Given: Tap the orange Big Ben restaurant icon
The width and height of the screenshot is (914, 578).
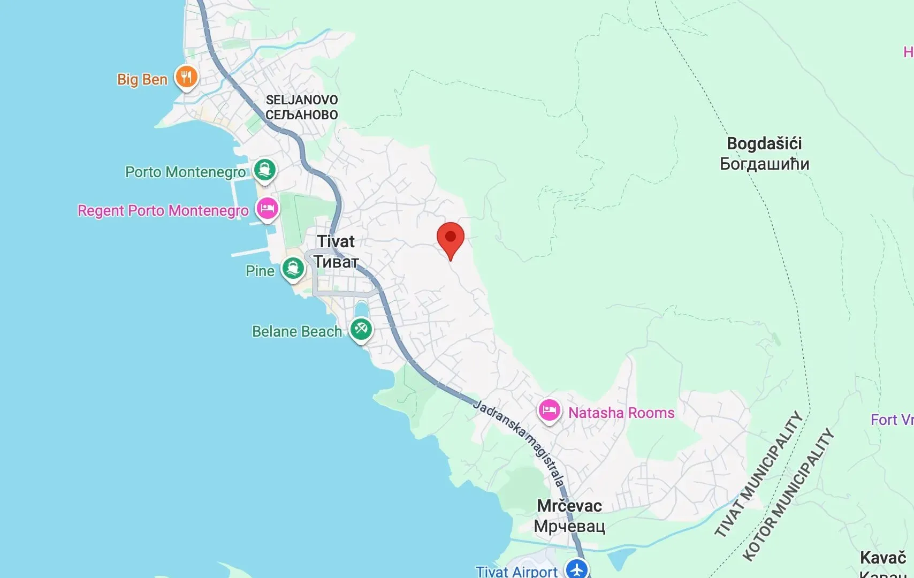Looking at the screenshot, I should click(x=186, y=78).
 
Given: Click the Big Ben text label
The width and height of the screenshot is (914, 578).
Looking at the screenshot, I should click(x=142, y=80).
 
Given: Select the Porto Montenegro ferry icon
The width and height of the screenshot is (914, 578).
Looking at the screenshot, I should click(x=264, y=170).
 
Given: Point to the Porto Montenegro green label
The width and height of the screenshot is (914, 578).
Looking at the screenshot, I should click(x=185, y=172).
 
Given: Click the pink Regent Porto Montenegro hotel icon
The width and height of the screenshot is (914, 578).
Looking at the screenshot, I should click(x=267, y=209).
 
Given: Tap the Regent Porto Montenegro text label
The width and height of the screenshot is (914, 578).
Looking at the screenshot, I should click(x=163, y=210).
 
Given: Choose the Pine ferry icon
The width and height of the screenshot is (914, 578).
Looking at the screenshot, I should click(x=293, y=268).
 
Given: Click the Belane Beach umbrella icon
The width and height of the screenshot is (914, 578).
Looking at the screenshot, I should click(x=361, y=329).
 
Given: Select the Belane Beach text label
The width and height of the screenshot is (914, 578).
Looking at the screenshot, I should click(x=297, y=332).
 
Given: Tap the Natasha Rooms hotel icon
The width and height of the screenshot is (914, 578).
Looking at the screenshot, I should click(x=549, y=411).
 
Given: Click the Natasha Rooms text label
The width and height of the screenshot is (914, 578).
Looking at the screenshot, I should click(x=621, y=413).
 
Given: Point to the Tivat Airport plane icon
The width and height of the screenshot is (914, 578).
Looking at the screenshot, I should click(x=577, y=569).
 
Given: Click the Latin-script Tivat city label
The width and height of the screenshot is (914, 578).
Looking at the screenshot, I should click(x=336, y=241).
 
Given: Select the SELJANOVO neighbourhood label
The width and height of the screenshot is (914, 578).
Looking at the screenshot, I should click(x=302, y=100).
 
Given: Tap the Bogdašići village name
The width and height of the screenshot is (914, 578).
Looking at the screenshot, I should click(x=764, y=143).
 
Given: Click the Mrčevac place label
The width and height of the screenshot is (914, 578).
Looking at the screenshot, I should click(x=569, y=506).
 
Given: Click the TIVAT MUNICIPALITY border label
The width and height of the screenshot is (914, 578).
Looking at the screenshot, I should click(x=759, y=474).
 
